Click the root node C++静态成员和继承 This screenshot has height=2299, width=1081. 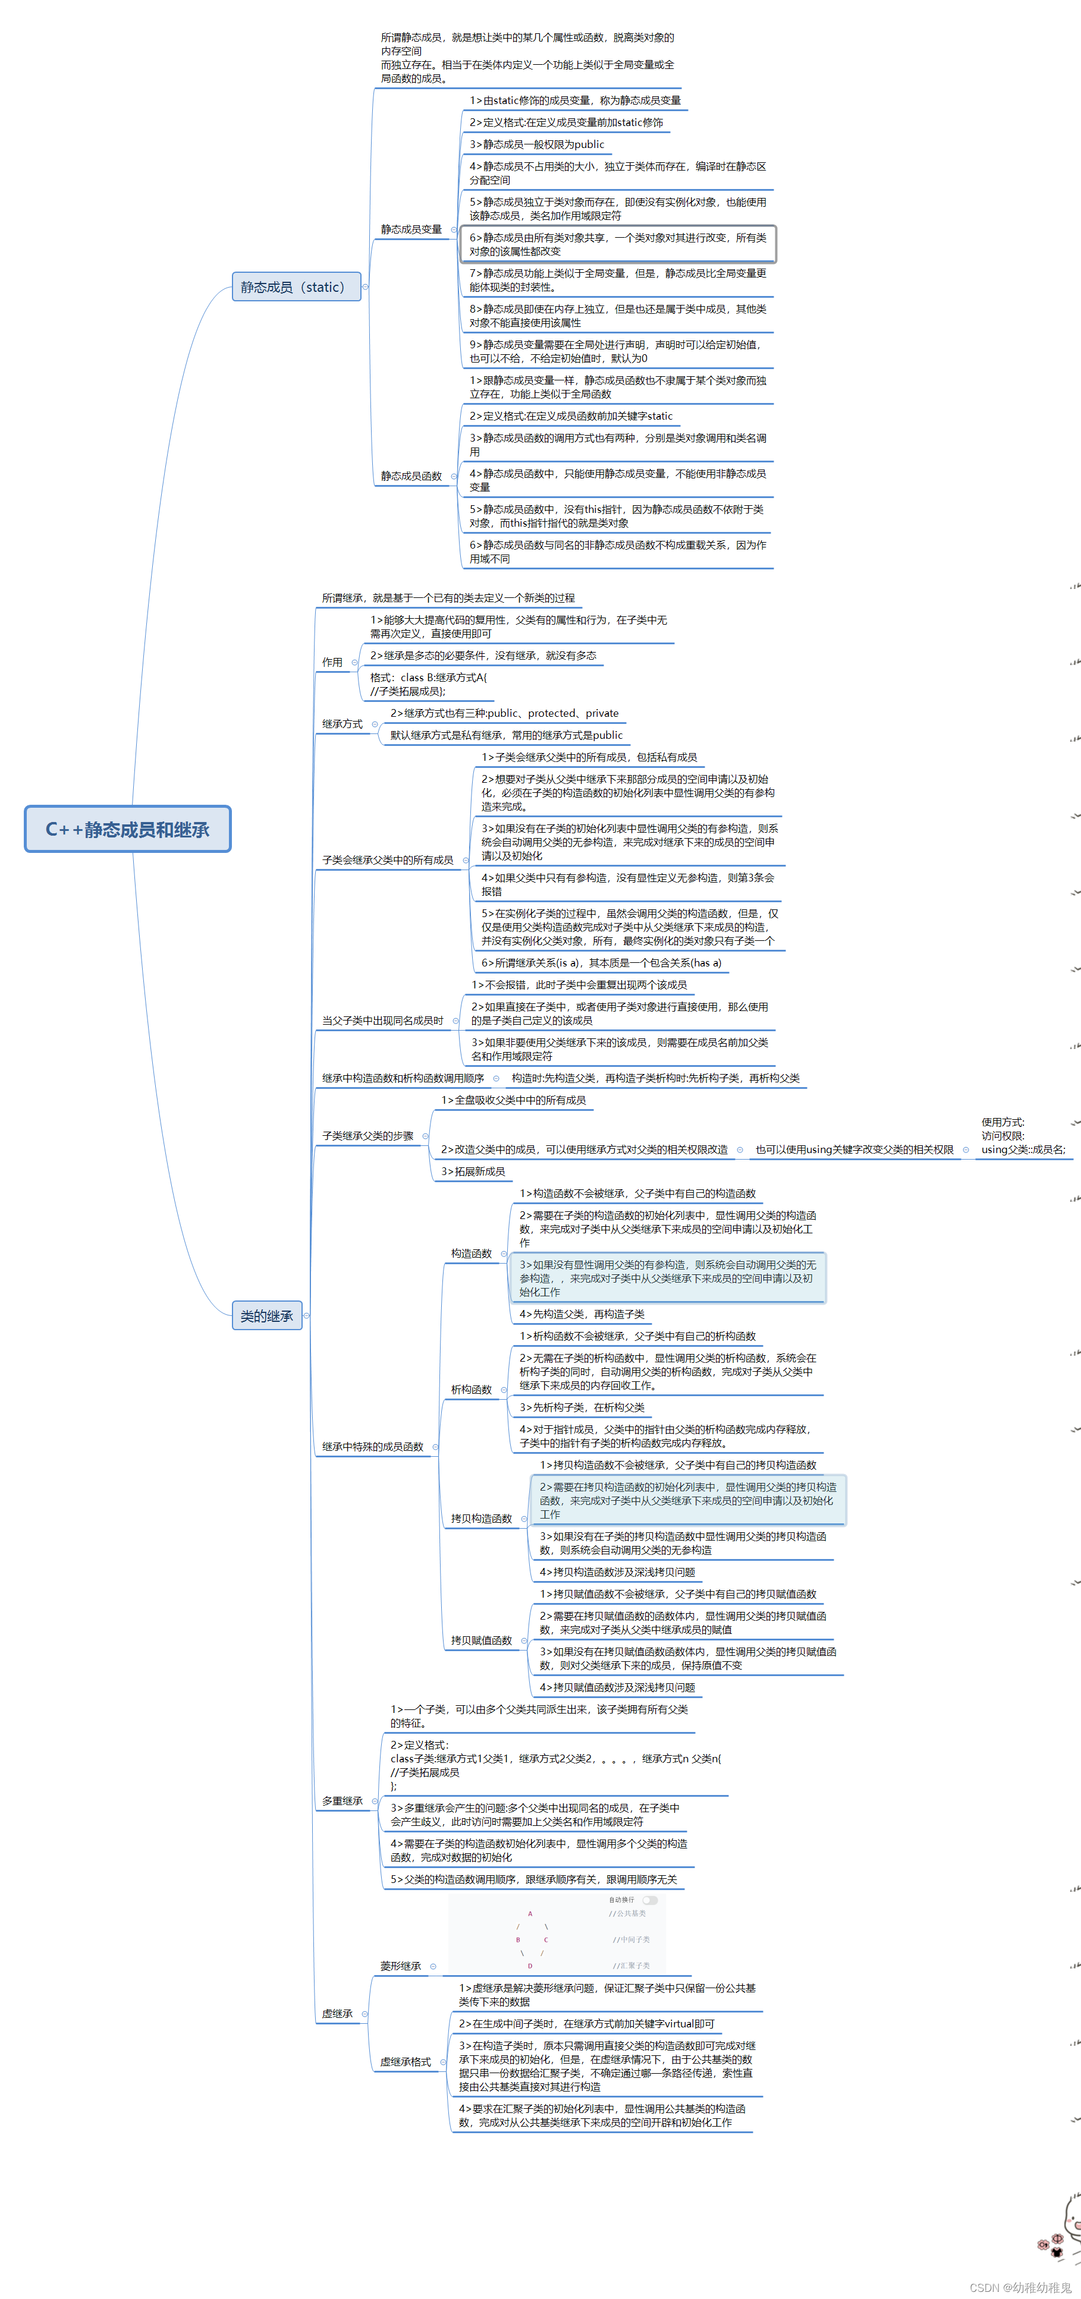point(128,829)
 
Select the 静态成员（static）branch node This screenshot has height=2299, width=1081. point(296,286)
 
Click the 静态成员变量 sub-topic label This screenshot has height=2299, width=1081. point(411,229)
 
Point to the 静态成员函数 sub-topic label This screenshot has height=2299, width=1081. point(411,475)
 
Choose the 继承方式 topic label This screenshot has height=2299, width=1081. point(342,724)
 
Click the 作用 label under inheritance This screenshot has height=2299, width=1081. point(332,662)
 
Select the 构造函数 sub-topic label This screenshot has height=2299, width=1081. point(472,1253)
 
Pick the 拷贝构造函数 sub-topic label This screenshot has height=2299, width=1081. point(481,1518)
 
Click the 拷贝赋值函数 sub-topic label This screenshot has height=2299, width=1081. point(481,1640)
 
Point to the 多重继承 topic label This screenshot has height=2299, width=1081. point(342,1801)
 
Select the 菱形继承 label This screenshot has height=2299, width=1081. point(401,1966)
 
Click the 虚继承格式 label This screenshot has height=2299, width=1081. point(406,2062)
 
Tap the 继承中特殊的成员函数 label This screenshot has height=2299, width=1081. point(373,1447)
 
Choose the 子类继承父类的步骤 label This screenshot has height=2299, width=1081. point(368,1136)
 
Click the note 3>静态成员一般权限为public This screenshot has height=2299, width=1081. point(536,144)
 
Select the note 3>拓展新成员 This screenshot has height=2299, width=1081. point(473,1171)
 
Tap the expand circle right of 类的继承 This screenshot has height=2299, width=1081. point(306,1315)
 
